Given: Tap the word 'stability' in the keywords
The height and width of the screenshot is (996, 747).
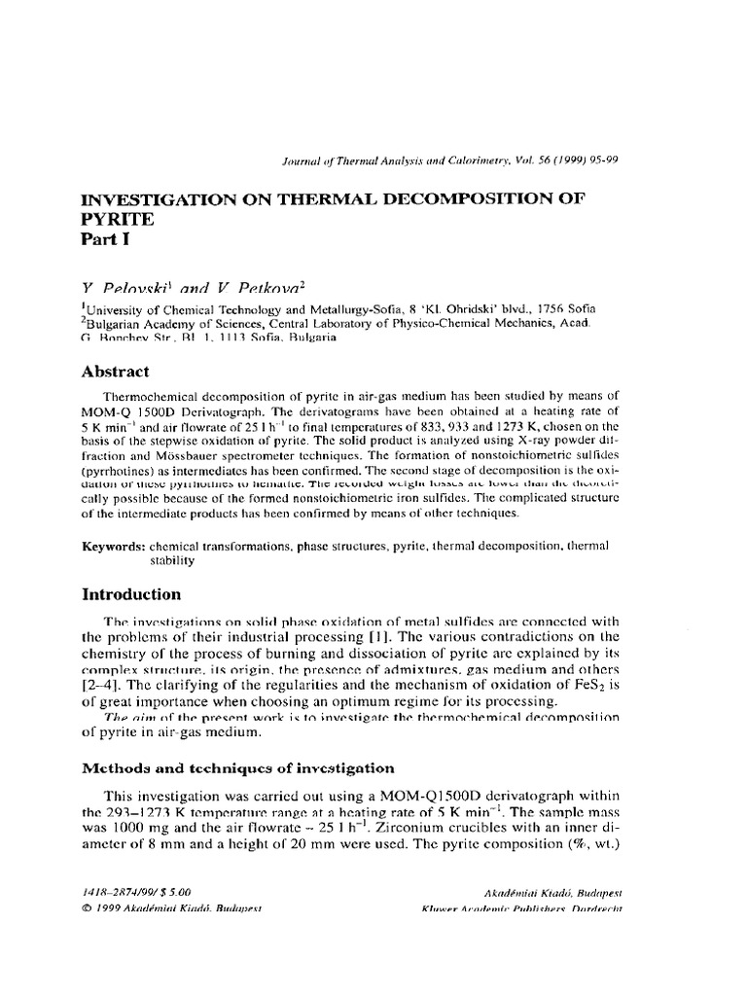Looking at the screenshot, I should pyautogui.click(x=171, y=560).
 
